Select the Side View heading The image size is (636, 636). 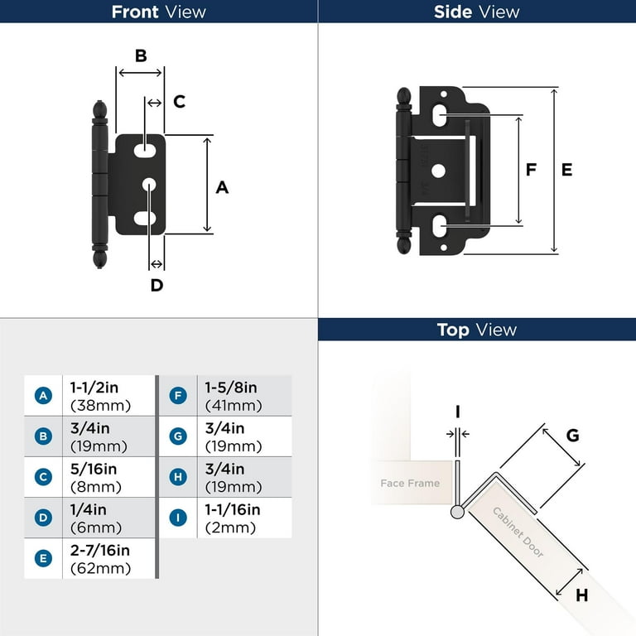(x=476, y=12)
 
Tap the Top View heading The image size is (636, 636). (x=476, y=330)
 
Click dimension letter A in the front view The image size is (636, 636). (x=222, y=188)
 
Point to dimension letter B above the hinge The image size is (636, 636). (x=141, y=55)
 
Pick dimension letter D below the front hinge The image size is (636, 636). (x=157, y=286)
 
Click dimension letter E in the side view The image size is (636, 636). (x=566, y=170)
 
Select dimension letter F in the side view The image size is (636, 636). (x=532, y=170)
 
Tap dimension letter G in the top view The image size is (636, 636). (x=572, y=436)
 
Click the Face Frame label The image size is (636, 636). (x=410, y=483)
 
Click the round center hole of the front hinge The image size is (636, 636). (x=149, y=184)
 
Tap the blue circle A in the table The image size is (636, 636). (x=43, y=396)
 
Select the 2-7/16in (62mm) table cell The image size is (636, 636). (x=100, y=559)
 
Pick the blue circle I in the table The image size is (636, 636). (x=177, y=518)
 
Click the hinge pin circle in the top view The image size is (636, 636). (x=457, y=512)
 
